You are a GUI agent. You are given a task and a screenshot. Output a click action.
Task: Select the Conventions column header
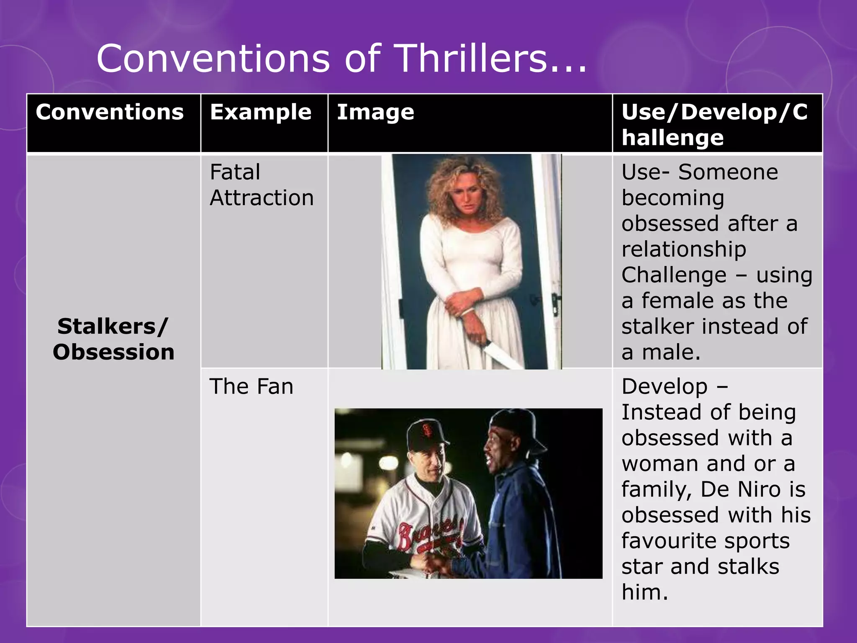(x=110, y=112)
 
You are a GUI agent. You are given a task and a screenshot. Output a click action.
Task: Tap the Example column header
(x=261, y=112)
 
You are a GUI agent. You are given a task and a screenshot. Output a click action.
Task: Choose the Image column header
(x=375, y=112)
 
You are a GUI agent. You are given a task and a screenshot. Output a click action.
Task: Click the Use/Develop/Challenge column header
(x=714, y=124)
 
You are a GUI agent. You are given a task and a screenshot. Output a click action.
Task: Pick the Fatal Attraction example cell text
(x=262, y=185)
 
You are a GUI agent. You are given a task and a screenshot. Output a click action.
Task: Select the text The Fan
(x=251, y=386)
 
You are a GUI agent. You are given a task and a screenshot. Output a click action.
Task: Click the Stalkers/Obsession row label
(x=113, y=339)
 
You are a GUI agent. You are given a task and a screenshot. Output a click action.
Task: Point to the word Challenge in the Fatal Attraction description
(x=674, y=275)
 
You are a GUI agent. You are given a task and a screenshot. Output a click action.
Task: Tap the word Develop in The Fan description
(x=665, y=386)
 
